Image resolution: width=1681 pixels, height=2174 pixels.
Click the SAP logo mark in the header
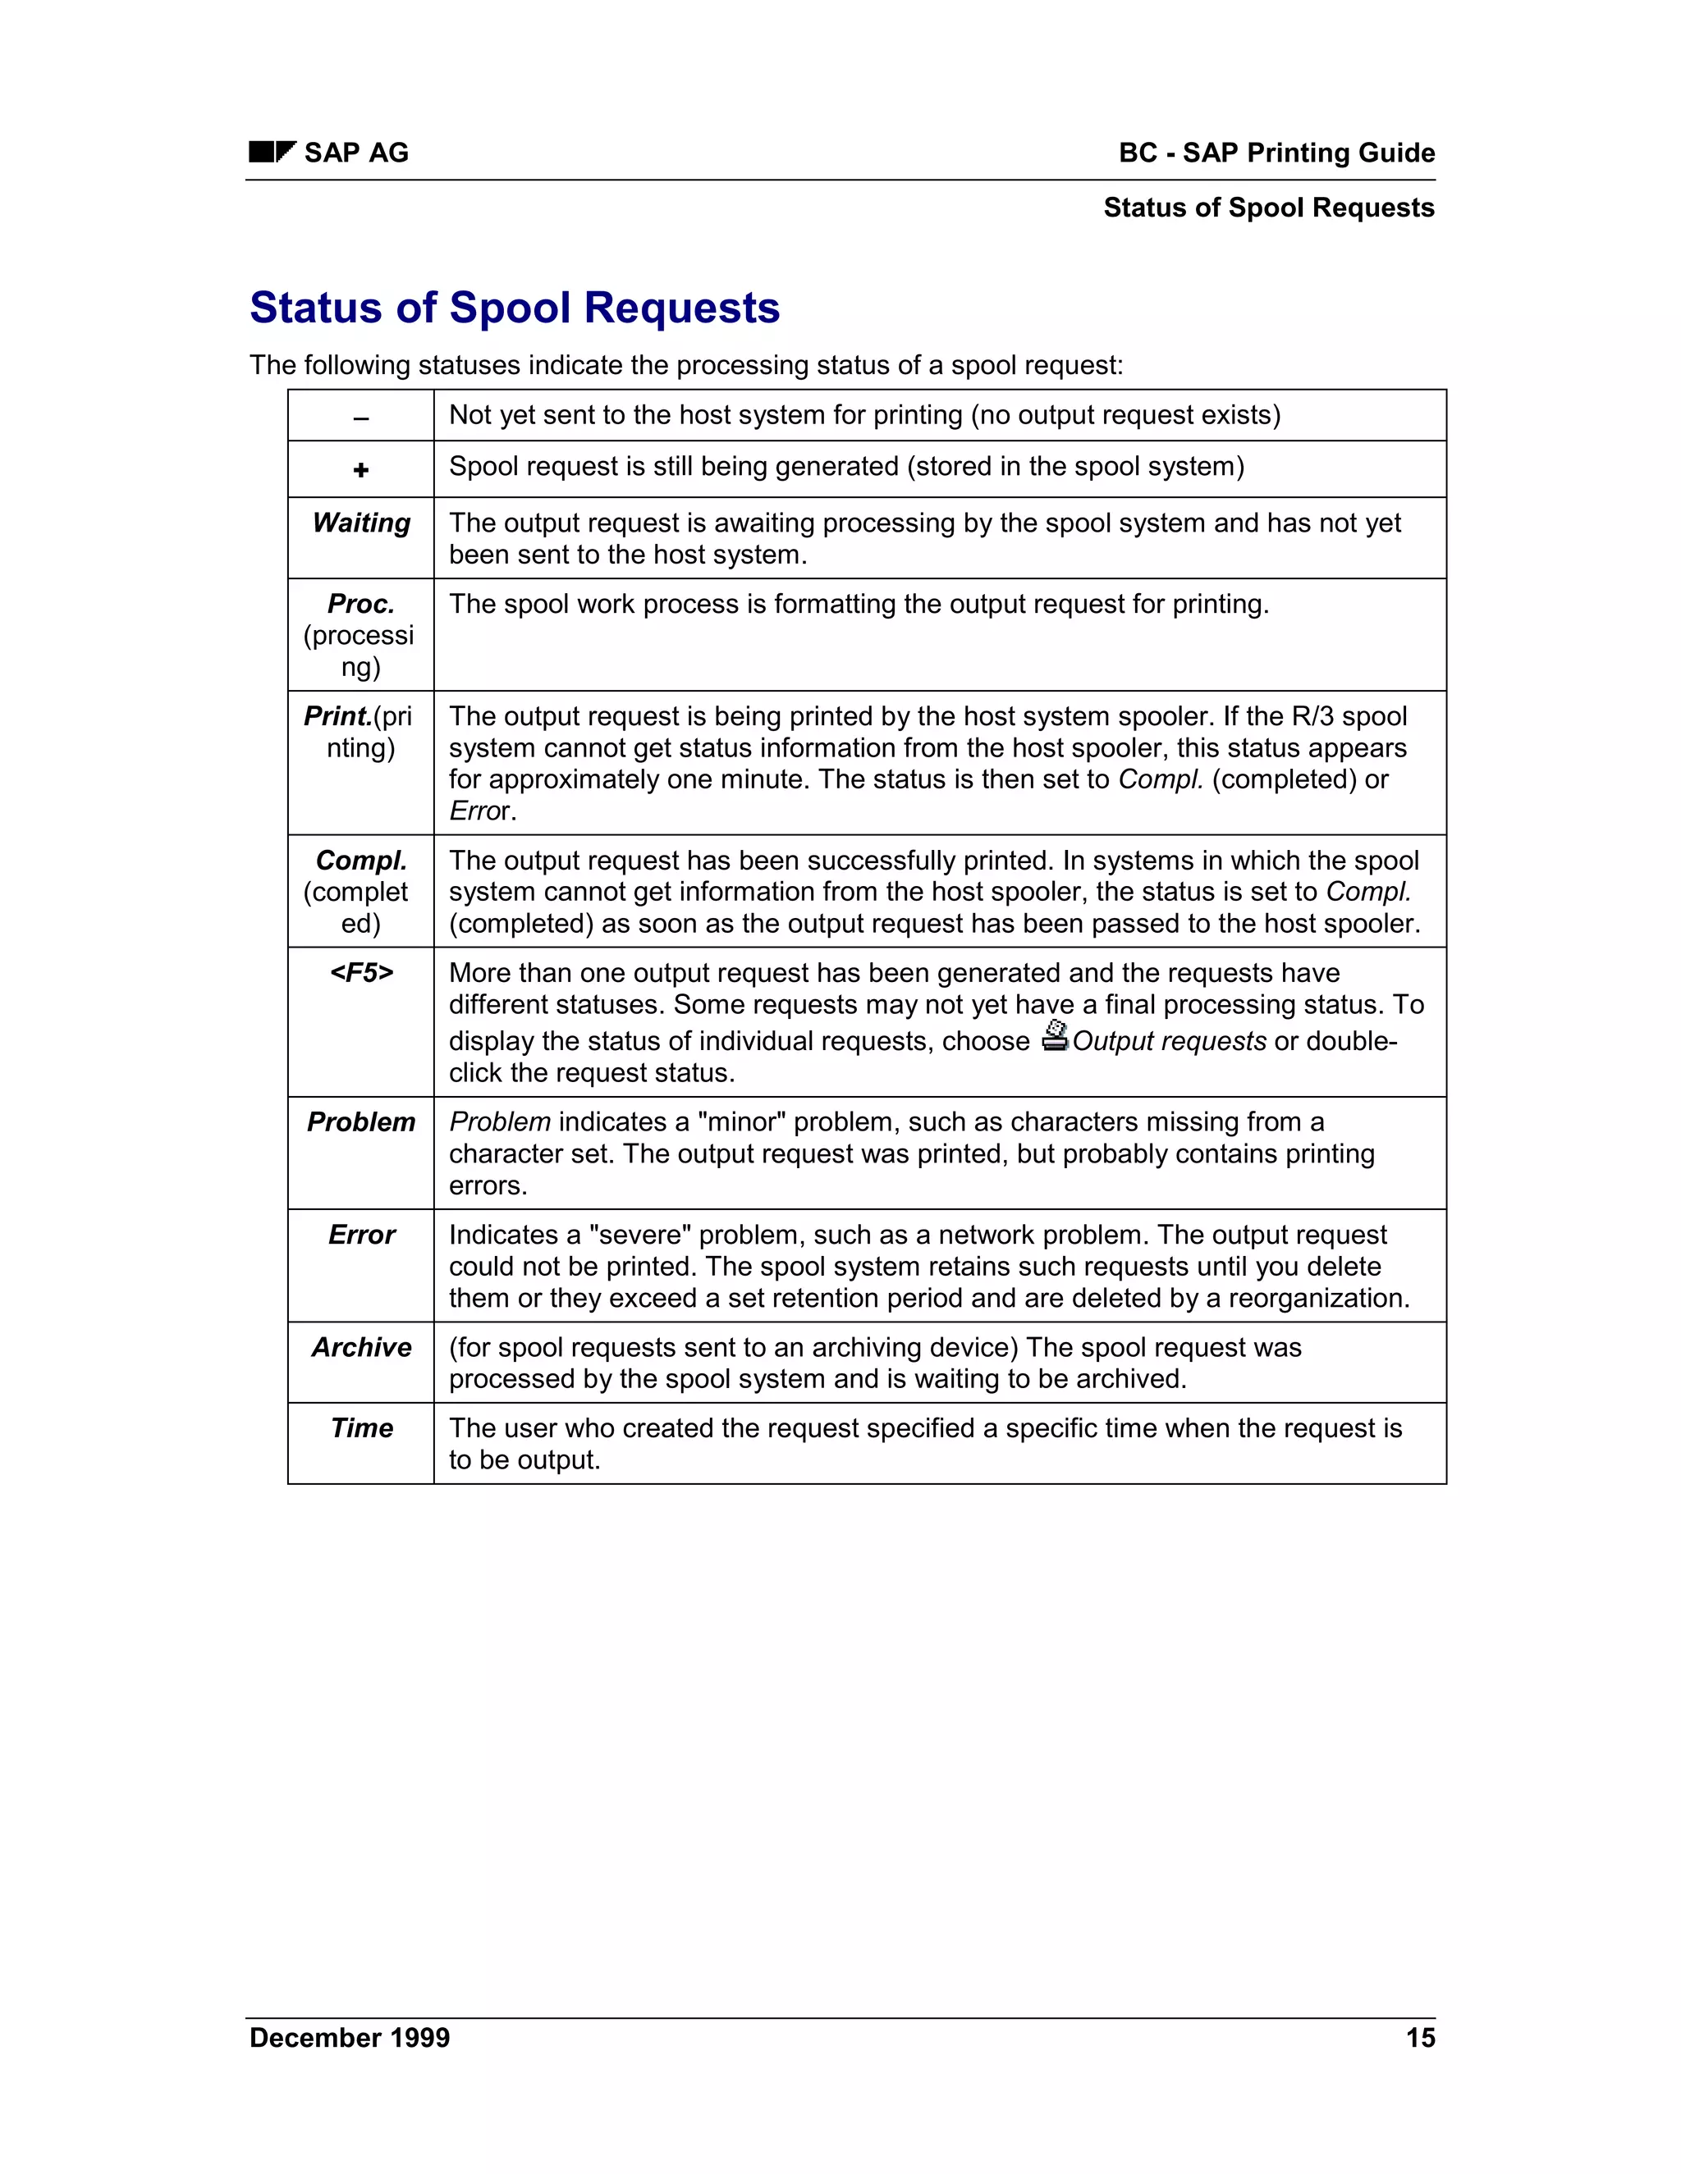pos(272,153)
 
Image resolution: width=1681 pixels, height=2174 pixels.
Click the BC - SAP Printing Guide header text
pos(1276,153)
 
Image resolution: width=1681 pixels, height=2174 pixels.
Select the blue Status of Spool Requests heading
pos(514,308)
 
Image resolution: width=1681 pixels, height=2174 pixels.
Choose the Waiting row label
pos(361,523)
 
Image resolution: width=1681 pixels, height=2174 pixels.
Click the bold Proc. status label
pos(361,605)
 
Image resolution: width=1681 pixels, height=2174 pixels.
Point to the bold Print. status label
pos(337,717)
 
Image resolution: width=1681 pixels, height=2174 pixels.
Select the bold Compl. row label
pos(361,861)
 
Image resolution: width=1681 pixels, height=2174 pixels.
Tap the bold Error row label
pos(361,1235)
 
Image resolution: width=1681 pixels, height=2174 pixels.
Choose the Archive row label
pos(361,1347)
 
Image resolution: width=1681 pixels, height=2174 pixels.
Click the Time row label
pos(361,1428)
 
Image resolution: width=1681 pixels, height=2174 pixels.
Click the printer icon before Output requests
pos(1055,1036)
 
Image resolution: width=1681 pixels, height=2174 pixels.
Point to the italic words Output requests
pos(1169,1041)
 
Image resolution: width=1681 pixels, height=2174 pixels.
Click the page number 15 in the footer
pos(1419,2038)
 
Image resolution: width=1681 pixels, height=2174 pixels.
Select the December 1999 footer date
pos(350,2038)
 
